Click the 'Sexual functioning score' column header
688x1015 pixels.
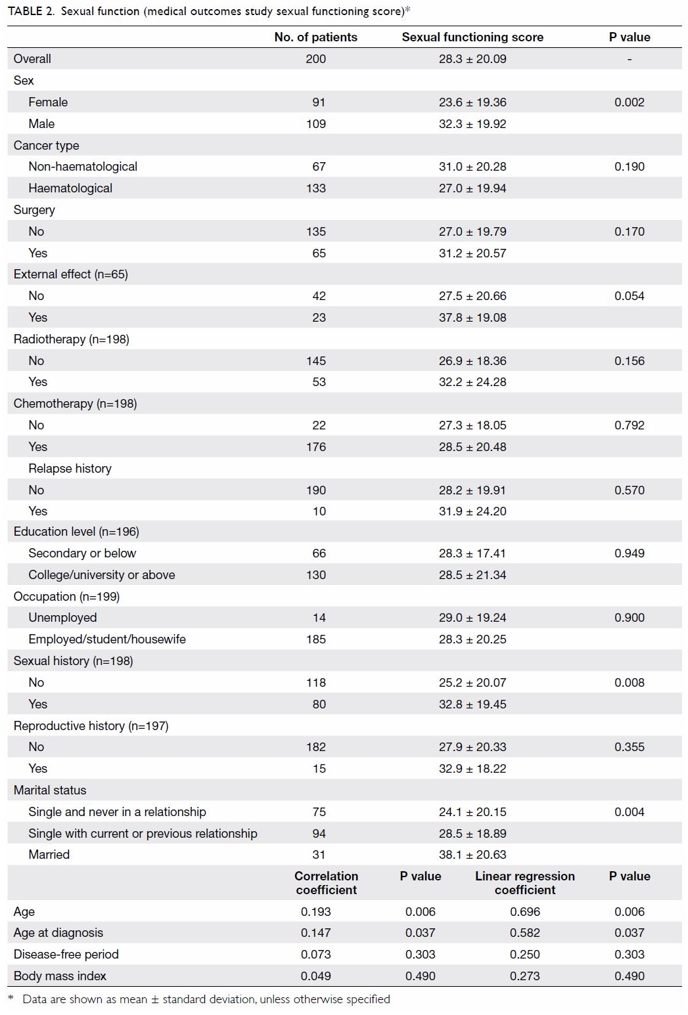pyautogui.click(x=472, y=37)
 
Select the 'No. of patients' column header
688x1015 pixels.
pyautogui.click(x=315, y=37)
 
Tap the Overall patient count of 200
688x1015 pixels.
pyautogui.click(x=315, y=59)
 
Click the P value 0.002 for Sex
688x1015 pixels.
pyautogui.click(x=629, y=102)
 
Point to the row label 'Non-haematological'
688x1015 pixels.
pyautogui.click(x=83, y=166)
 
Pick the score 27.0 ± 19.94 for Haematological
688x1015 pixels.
pyautogui.click(x=472, y=188)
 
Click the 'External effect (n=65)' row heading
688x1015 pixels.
pyautogui.click(x=71, y=274)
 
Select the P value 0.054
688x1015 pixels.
pyautogui.click(x=629, y=296)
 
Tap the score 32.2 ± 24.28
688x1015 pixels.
pyautogui.click(x=472, y=382)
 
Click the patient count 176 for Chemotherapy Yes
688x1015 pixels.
pyautogui.click(x=315, y=447)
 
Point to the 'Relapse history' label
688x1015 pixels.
pyautogui.click(x=70, y=469)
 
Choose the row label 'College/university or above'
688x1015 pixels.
pyautogui.click(x=102, y=574)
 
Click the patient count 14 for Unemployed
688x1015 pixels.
pyautogui.click(x=319, y=618)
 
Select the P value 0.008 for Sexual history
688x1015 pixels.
pyautogui.click(x=629, y=682)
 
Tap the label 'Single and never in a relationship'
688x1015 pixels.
pyautogui.click(x=117, y=811)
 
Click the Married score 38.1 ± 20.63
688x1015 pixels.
pyautogui.click(x=472, y=855)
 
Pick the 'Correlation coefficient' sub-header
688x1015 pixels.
pyautogui.click(x=326, y=882)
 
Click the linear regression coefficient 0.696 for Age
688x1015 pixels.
pyautogui.click(x=525, y=911)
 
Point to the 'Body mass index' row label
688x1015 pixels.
pyautogui.click(x=60, y=976)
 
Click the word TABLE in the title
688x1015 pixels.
pyautogui.click(x=25, y=11)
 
